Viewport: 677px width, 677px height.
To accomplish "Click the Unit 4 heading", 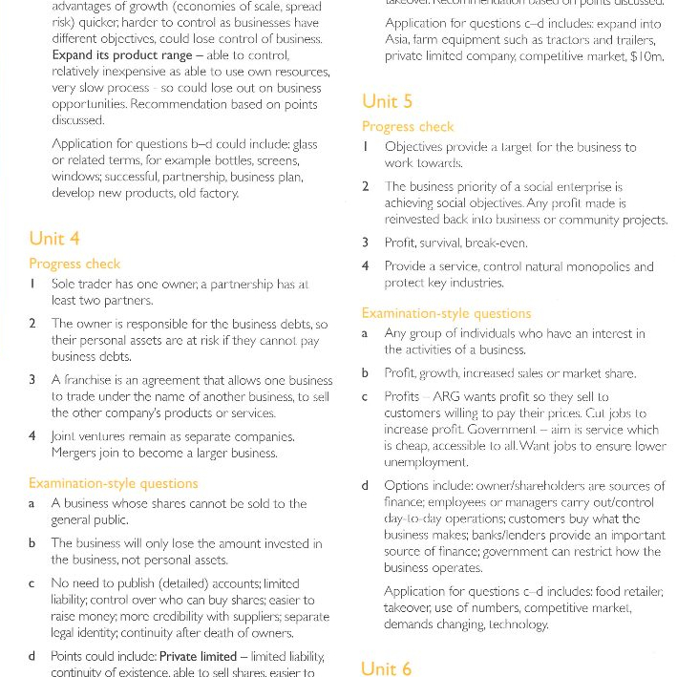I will (x=54, y=239).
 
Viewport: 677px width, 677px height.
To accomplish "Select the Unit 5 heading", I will (x=387, y=101).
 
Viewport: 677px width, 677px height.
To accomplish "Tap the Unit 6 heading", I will (x=387, y=667).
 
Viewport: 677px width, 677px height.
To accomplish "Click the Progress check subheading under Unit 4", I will (x=74, y=264).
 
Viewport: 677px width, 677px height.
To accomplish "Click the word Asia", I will (x=399, y=39).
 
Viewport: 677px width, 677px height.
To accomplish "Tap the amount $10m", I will (x=645, y=56).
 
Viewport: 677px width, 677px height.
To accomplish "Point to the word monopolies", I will (x=593, y=266).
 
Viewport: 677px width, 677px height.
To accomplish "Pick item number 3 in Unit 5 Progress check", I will (x=366, y=243).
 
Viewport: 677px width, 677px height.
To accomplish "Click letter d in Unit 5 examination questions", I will (x=366, y=486).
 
